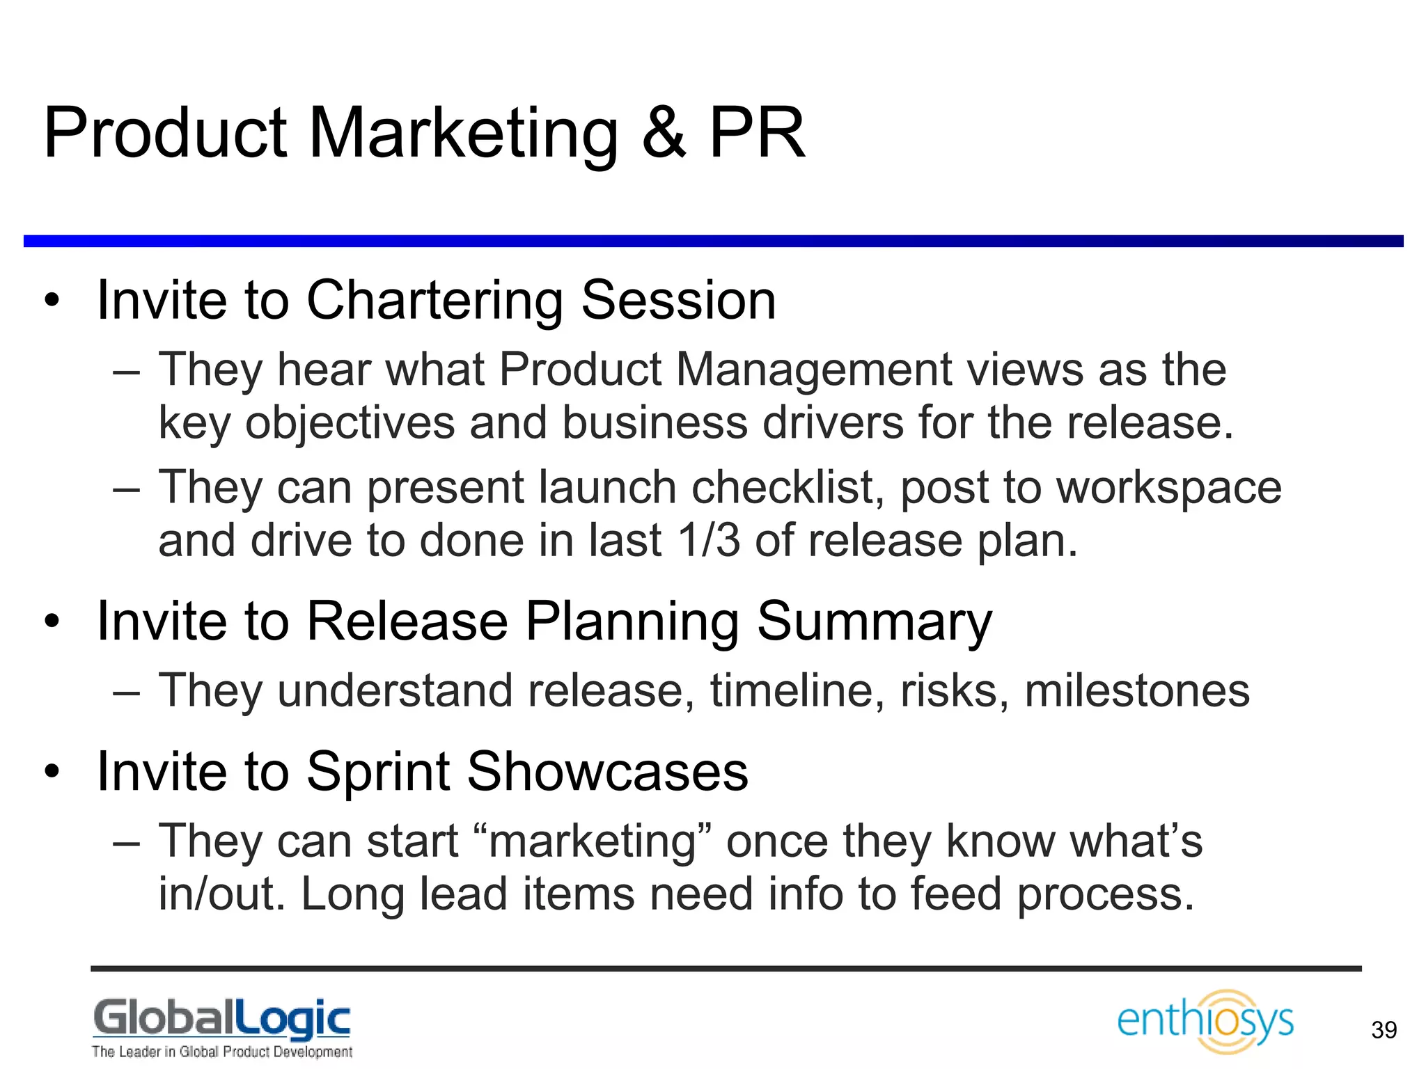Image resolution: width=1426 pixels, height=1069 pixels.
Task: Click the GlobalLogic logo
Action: (222, 1019)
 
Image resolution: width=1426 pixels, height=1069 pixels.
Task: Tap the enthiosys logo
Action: (1205, 1021)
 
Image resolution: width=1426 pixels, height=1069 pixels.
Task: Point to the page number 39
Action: (1384, 1030)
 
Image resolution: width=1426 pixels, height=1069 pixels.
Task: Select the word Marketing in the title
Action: (463, 134)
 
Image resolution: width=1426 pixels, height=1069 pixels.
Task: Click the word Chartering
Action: (434, 301)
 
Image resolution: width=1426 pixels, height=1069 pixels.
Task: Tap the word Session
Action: (678, 301)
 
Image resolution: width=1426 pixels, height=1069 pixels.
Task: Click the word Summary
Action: (874, 621)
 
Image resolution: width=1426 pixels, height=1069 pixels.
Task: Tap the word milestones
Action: (1137, 690)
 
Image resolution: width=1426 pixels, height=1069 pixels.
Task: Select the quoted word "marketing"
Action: (593, 841)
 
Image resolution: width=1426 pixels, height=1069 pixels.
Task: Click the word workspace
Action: (1169, 486)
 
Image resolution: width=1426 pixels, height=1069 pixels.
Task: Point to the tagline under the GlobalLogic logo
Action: (222, 1052)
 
